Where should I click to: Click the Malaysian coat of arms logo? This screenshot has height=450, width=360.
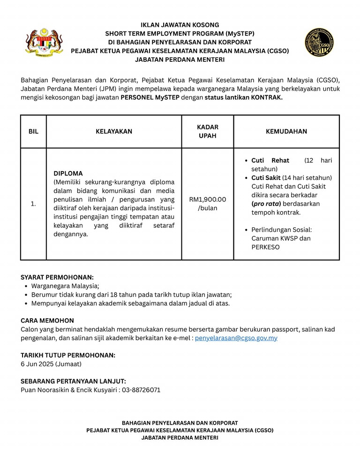(44, 42)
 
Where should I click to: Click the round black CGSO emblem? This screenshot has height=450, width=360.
(319, 43)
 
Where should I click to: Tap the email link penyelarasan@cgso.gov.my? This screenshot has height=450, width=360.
(236, 337)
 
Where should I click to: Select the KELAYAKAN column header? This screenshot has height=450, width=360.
(114, 132)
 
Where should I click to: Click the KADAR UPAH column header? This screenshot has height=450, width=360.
(207, 132)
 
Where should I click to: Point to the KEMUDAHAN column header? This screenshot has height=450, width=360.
(286, 132)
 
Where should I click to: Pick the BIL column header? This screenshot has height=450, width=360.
(33, 132)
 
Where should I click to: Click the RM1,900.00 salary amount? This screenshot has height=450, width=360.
(207, 199)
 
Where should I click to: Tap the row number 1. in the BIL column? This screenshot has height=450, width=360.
(33, 204)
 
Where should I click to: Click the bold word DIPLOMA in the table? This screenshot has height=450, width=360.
(68, 173)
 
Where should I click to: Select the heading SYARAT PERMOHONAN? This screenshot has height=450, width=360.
(57, 277)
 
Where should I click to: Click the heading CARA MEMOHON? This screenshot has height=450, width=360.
(47, 321)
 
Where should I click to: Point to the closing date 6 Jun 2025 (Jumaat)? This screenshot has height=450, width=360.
(51, 364)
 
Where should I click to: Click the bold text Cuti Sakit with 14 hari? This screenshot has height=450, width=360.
(266, 178)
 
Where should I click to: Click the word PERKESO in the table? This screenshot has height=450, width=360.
(265, 247)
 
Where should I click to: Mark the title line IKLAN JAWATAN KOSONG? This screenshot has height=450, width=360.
(180, 25)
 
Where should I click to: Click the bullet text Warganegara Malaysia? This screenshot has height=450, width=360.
(65, 286)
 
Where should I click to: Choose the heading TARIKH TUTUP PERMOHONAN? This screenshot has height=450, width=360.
(68, 355)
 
